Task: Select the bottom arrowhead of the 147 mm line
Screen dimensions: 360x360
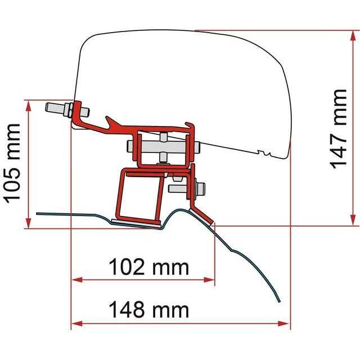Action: [353, 220]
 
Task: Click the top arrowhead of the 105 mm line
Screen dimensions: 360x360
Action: [27, 105]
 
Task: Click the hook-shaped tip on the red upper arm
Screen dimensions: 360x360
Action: [109, 120]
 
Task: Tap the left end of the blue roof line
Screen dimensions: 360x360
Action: [38, 213]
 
